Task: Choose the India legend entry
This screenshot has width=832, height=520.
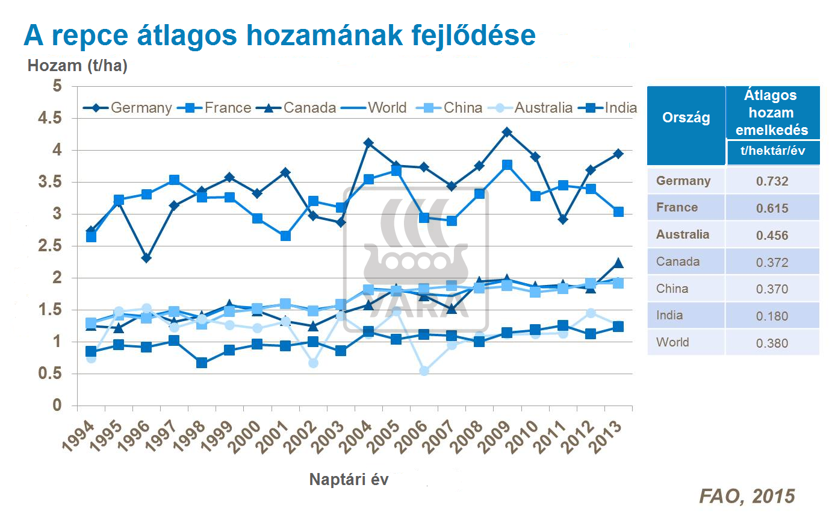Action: click(x=608, y=108)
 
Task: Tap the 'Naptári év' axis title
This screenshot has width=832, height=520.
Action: click(x=349, y=480)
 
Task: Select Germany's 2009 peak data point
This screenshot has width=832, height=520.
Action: click(x=507, y=132)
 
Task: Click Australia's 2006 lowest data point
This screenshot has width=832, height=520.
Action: click(x=424, y=371)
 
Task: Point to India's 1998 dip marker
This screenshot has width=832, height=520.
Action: click(x=202, y=363)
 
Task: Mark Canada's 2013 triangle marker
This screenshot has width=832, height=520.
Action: click(x=618, y=263)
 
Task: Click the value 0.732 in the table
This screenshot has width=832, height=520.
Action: click(x=772, y=181)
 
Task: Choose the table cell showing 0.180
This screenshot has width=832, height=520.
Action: click(x=772, y=316)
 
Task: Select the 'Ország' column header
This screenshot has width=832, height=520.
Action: click(x=686, y=117)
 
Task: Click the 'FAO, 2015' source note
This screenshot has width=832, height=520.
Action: click(x=747, y=496)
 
